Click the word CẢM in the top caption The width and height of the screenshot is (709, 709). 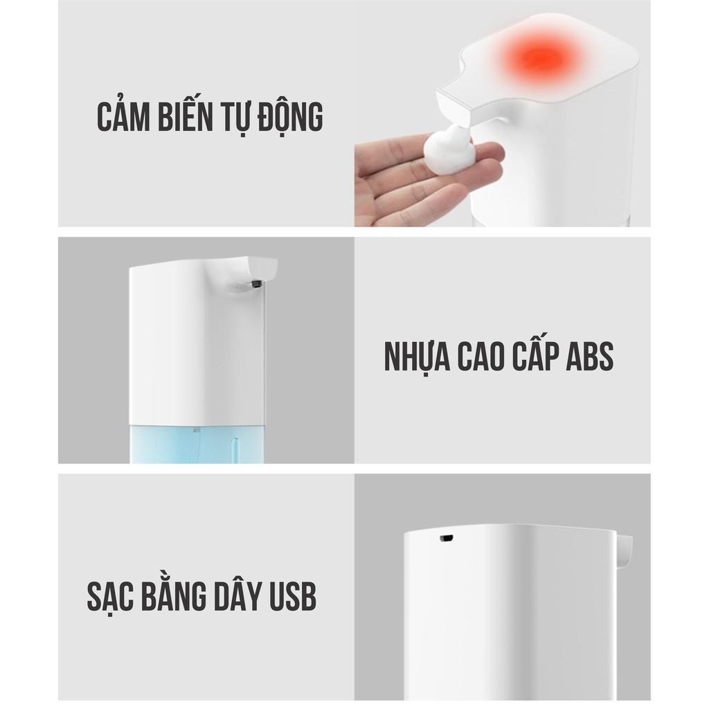click(x=125, y=118)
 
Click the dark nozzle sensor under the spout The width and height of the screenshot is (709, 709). click(x=258, y=282)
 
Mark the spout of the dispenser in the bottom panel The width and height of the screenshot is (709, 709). click(x=625, y=547)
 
